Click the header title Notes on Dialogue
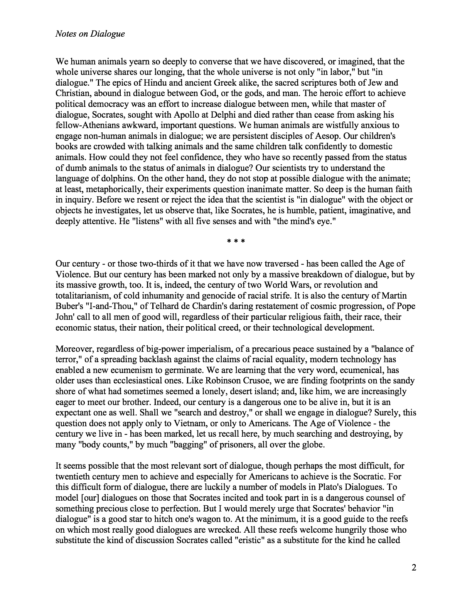pos(90,34)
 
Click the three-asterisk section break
pos(236,242)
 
